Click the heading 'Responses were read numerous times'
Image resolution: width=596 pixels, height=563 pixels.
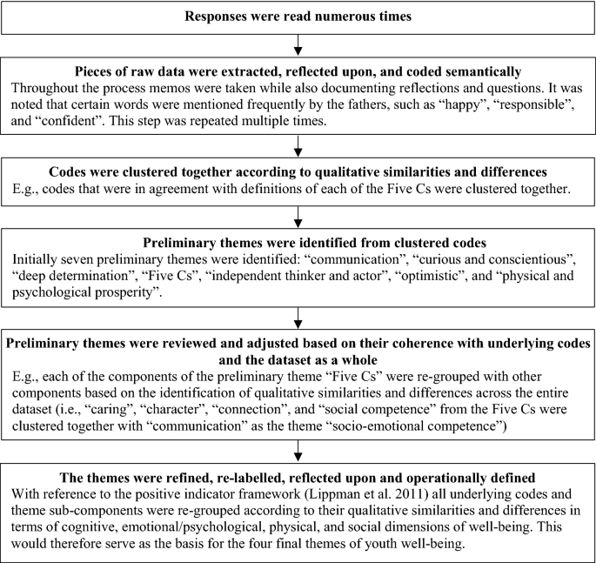point(298,16)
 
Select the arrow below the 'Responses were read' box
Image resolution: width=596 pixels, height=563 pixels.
point(298,44)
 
